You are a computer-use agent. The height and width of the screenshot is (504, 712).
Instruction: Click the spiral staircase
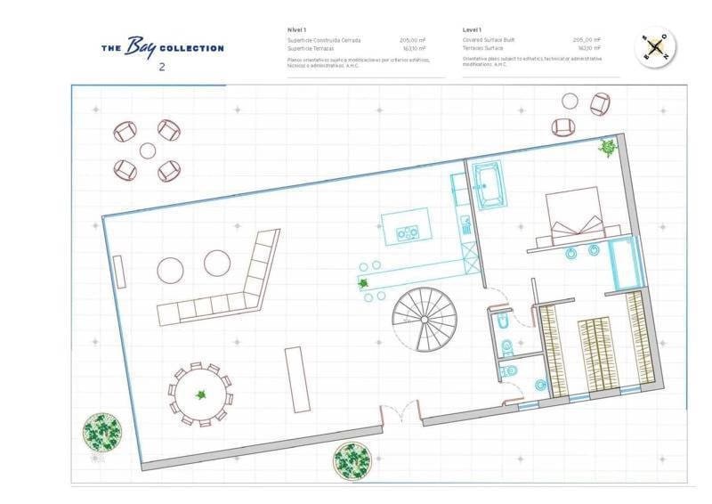point(425,319)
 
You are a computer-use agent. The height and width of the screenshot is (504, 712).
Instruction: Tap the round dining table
point(201,394)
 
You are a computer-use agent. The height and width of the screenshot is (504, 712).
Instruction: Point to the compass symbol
point(656,48)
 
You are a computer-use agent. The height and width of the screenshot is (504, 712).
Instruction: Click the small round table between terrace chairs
point(148,150)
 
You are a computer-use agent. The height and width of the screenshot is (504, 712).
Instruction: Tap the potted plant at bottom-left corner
point(101,432)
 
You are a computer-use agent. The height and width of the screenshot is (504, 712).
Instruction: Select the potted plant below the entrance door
point(352,460)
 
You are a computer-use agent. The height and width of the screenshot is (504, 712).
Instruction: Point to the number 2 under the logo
point(161,67)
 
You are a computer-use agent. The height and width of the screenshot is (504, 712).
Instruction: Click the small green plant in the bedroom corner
point(609,147)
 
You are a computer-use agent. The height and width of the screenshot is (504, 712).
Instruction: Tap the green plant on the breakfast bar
point(363,284)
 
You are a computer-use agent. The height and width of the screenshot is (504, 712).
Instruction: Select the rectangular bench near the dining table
point(297,379)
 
